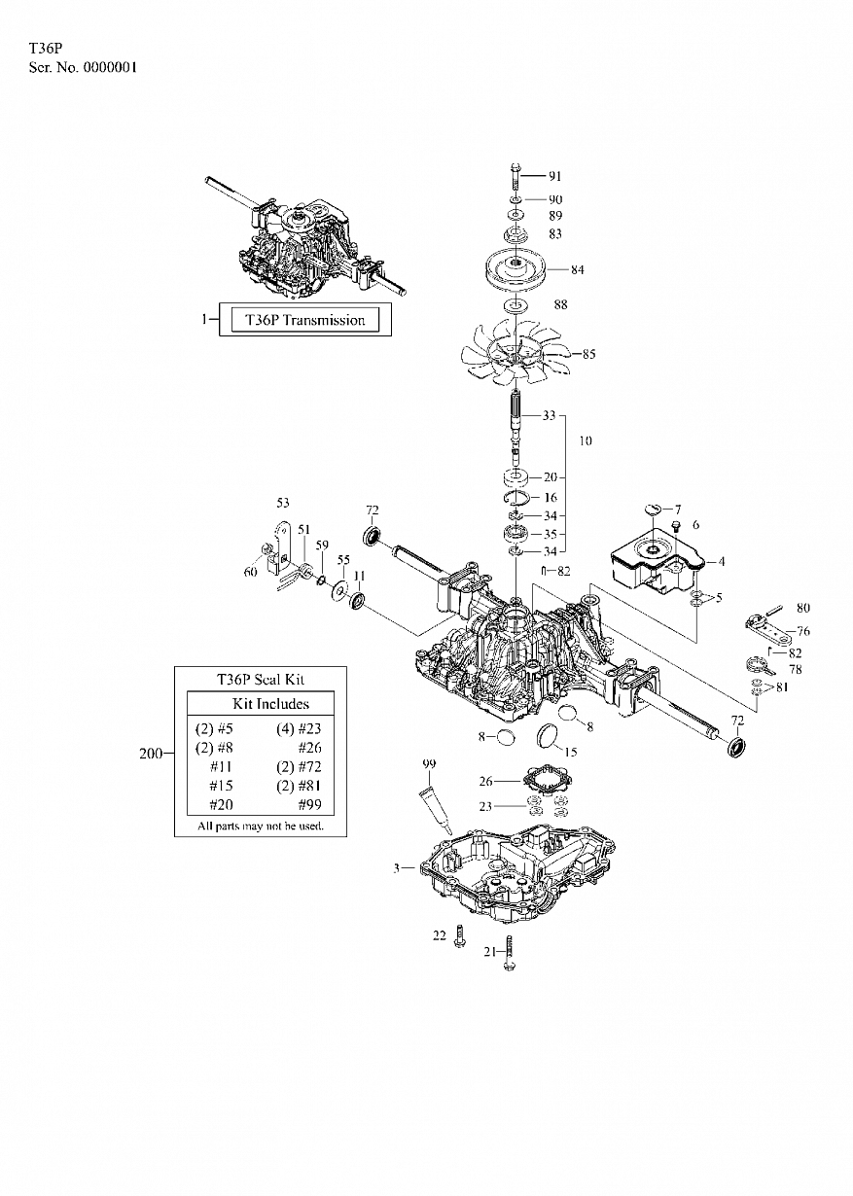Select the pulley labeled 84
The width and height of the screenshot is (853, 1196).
tap(516, 269)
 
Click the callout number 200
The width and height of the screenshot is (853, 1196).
tap(150, 754)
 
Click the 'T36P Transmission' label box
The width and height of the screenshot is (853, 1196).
tap(305, 319)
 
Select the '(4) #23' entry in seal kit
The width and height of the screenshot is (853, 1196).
tap(299, 728)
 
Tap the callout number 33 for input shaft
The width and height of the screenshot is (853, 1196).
tap(550, 415)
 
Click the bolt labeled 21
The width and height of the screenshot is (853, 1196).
tap(509, 953)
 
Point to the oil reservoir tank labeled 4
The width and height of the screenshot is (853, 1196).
tap(658, 561)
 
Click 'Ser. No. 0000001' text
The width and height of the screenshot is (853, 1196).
tap(83, 68)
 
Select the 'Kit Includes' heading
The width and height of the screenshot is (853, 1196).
tap(270, 703)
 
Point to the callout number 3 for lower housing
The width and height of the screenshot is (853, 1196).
tap(396, 868)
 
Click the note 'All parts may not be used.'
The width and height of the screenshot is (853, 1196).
tap(261, 826)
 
